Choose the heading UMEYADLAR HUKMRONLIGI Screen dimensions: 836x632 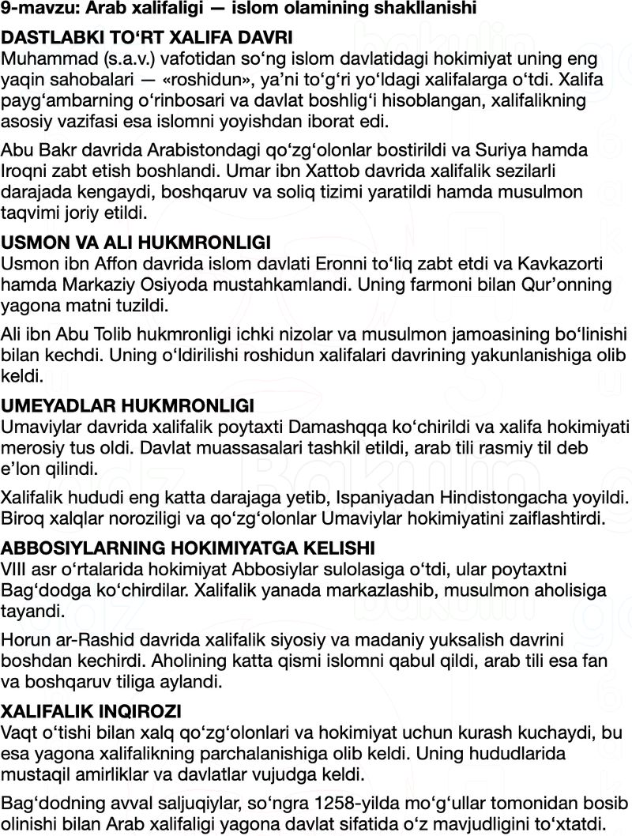pos(127,406)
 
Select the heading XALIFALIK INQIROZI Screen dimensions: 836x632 pos(92,710)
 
